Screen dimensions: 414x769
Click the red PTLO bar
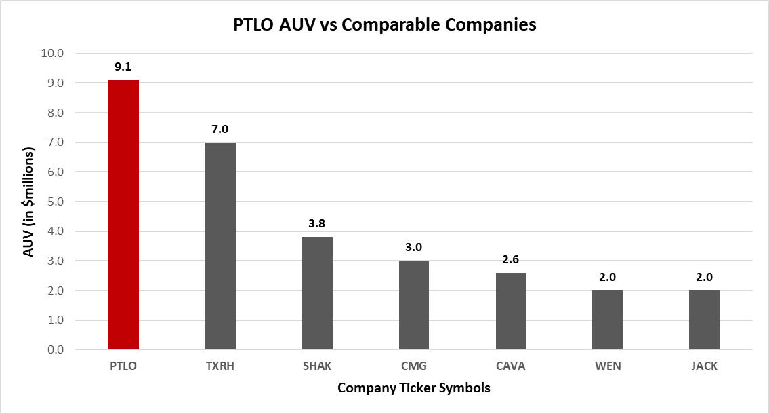pos(123,214)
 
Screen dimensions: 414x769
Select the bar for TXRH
pos(220,246)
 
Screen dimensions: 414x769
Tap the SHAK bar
pos(317,293)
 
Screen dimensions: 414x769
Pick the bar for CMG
pos(413,305)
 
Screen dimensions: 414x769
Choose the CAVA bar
pos(510,311)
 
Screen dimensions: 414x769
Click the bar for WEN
pos(607,320)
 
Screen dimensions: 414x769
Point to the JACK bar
pos(704,320)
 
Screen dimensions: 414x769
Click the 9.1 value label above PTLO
pos(123,67)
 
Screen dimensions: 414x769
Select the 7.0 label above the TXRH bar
pos(220,129)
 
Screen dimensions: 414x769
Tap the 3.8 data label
pos(317,224)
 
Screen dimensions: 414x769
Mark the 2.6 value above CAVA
pos(510,259)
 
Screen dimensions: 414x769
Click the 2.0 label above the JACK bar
pos(704,277)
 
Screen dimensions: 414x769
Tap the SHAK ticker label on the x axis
pos(317,366)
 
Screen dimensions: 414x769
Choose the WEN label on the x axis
pos(607,366)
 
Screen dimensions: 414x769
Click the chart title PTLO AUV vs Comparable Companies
pos(384,26)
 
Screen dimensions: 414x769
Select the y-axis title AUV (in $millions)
pos(28,202)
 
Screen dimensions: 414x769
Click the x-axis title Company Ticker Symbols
pos(413,389)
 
